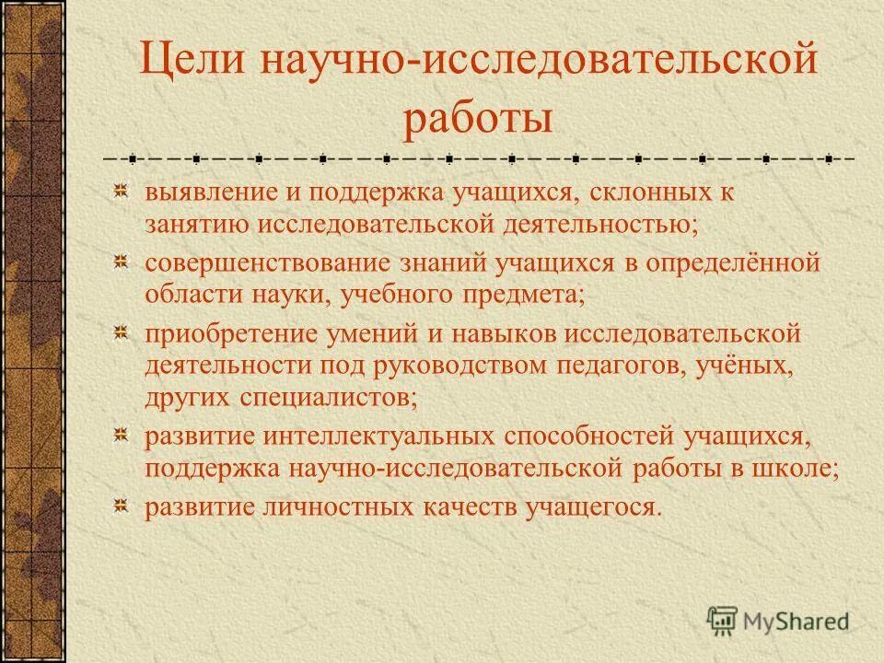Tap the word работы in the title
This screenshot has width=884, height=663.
pos(478,121)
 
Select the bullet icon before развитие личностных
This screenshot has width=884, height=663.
pos(121,506)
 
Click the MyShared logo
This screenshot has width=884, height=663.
pos(779,620)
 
